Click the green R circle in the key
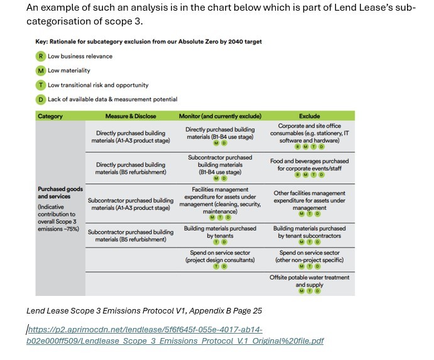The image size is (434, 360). [x=41, y=57]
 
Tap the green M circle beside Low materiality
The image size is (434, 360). [x=41, y=71]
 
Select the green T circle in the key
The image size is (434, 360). [x=41, y=85]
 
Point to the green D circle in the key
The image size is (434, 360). [x=41, y=99]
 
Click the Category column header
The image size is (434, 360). [x=50, y=116]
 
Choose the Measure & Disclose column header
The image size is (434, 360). [x=131, y=116]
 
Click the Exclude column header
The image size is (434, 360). [x=309, y=116]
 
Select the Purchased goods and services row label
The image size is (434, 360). [x=60, y=192]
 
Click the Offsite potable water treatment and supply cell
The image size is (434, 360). [x=309, y=281]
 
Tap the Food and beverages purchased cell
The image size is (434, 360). [x=309, y=165]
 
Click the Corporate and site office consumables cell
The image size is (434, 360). [x=309, y=133]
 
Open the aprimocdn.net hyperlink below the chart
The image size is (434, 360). [x=175, y=335]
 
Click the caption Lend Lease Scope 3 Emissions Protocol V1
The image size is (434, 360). [x=144, y=310]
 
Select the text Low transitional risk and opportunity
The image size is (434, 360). [x=98, y=85]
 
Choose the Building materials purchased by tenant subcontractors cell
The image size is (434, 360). [x=309, y=232]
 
